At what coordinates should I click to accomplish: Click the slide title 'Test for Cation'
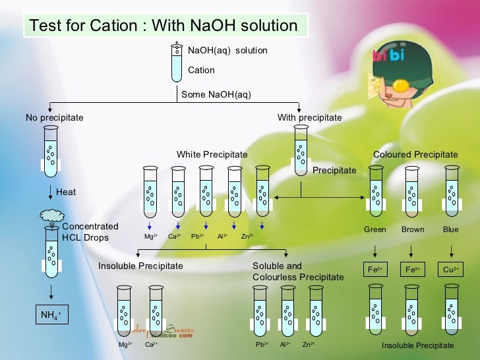click(164, 26)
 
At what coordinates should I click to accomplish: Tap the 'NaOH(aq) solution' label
click(227, 50)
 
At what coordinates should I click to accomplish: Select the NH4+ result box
click(51, 316)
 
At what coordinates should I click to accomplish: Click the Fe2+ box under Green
click(375, 270)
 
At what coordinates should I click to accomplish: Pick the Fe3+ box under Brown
click(412, 270)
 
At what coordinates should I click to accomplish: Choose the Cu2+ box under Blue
click(451, 270)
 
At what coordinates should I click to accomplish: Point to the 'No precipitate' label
click(55, 117)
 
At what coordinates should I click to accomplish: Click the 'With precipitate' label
click(309, 117)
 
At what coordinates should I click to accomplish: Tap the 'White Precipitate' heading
click(212, 154)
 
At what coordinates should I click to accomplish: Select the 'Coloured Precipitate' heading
click(415, 154)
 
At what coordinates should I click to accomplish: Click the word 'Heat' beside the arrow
click(66, 193)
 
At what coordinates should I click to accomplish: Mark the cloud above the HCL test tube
click(51, 216)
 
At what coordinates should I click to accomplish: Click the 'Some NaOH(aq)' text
click(216, 94)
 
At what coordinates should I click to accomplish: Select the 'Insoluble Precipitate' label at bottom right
click(417, 345)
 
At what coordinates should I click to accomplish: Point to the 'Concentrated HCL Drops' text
click(90, 231)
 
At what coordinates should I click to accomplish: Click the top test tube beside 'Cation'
click(177, 63)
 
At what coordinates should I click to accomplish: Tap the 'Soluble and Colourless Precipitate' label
click(298, 272)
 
